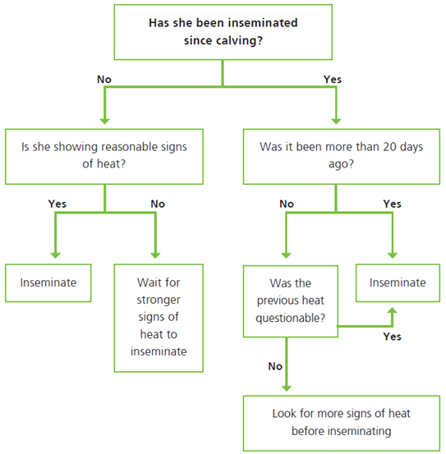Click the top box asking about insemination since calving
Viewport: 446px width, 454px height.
223,32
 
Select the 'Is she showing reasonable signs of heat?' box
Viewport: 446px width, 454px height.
104,157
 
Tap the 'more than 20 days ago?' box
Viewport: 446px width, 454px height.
342,157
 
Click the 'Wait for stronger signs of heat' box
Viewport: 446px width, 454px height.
159,318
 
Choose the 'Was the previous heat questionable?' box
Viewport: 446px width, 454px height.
291,301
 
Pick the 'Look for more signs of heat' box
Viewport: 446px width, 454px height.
342,423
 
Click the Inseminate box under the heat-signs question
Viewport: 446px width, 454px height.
48,283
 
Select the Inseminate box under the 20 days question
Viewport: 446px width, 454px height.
398,283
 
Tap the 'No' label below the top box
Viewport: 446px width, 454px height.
104,80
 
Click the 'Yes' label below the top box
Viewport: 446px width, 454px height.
333,80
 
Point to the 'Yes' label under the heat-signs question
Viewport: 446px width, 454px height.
57,204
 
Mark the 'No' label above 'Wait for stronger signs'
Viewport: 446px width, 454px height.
158,204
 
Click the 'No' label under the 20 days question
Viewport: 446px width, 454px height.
287,204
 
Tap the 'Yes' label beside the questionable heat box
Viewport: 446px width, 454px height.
392,337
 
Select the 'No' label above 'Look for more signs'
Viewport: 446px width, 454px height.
275,366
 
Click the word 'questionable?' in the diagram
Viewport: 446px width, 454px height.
291,319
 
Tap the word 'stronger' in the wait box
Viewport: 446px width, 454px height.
159,300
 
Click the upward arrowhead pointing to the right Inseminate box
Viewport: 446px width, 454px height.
392,311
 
